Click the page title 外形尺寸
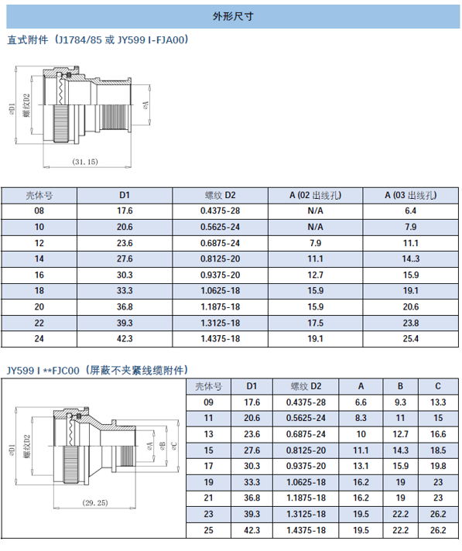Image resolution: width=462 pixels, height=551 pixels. coord(233,16)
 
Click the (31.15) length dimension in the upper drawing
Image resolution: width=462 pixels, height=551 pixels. coord(85,162)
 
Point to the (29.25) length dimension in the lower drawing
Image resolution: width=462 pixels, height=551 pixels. coord(95,503)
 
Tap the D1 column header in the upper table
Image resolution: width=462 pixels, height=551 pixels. coord(125,195)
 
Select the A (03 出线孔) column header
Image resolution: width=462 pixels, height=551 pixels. coord(410,195)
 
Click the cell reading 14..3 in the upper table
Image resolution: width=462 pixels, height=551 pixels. coord(411,259)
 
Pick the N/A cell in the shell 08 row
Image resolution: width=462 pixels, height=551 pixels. coord(315,210)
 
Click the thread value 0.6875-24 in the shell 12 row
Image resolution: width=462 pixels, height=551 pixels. coord(220,243)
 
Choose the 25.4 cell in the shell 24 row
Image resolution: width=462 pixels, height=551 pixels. coord(411,339)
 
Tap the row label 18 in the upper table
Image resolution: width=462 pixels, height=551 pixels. coord(39,291)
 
